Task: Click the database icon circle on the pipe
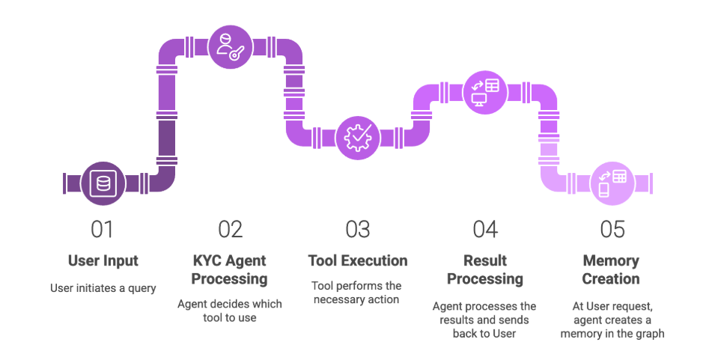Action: coord(103,183)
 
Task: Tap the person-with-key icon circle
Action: coord(231,47)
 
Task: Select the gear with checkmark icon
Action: coord(358,138)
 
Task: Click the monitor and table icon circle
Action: coord(484,93)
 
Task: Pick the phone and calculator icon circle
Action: coord(612,183)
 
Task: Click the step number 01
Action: coord(102,229)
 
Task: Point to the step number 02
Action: coord(231,229)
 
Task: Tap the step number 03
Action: coord(358,229)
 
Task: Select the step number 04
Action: coord(484,229)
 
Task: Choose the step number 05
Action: coord(612,229)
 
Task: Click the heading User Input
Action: coord(103,260)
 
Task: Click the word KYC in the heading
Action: coord(207,260)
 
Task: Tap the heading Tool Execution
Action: coord(358,260)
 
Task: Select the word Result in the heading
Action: coord(485,260)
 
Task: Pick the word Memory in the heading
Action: coord(611,261)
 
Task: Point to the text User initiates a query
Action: coord(103,288)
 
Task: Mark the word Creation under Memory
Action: coord(611,279)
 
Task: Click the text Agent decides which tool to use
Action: coord(230,311)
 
